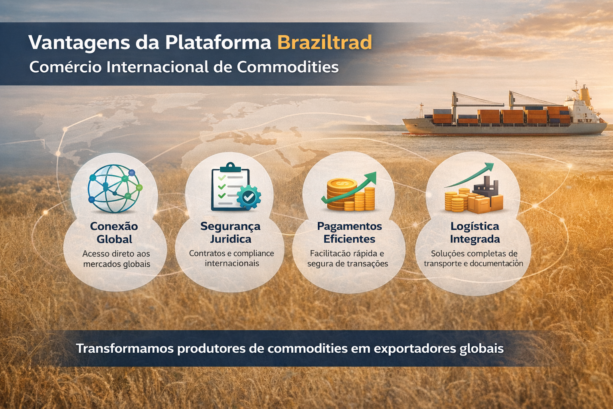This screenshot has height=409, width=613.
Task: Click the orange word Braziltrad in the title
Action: (324, 43)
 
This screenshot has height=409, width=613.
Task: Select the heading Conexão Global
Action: (114, 232)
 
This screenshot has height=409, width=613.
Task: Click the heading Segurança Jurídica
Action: (230, 232)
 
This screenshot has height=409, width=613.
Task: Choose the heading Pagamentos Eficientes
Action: (349, 232)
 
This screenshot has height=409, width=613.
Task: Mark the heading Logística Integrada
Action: (475, 232)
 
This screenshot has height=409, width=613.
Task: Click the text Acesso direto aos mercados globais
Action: (117, 259)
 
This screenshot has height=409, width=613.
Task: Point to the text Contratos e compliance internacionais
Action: (231, 258)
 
